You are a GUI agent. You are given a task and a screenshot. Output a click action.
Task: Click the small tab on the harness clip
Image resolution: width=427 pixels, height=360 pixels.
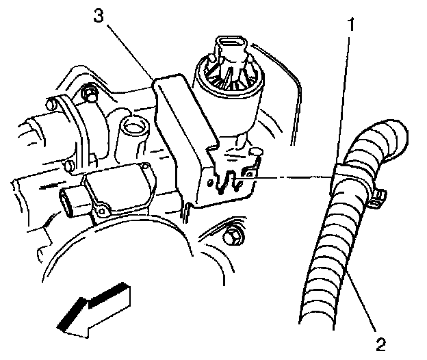coord(378,199)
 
